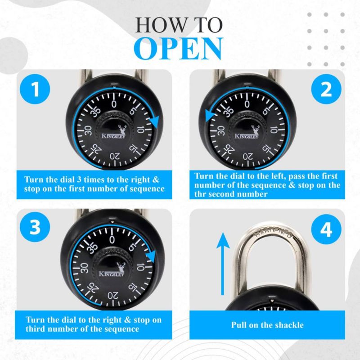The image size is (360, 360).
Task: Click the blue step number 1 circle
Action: click(x=35, y=89)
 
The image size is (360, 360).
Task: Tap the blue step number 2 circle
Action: click(x=326, y=89)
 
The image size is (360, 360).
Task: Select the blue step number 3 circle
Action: click(x=35, y=227)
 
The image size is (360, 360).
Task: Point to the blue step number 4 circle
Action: click(x=326, y=229)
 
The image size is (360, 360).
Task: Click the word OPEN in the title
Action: click(x=178, y=49)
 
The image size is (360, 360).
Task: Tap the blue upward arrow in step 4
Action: click(x=222, y=264)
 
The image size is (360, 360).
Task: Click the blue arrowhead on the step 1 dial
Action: click(x=155, y=121)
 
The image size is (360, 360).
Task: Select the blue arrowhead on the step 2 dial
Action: click(x=211, y=115)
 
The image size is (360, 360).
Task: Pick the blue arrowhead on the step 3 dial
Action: click(x=152, y=256)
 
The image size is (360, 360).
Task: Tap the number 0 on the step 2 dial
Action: click(x=247, y=104)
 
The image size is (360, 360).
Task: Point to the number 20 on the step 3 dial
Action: click(x=112, y=296)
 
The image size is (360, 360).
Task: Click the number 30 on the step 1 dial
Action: click(x=88, y=130)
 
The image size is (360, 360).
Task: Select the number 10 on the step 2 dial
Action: click(x=274, y=130)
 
